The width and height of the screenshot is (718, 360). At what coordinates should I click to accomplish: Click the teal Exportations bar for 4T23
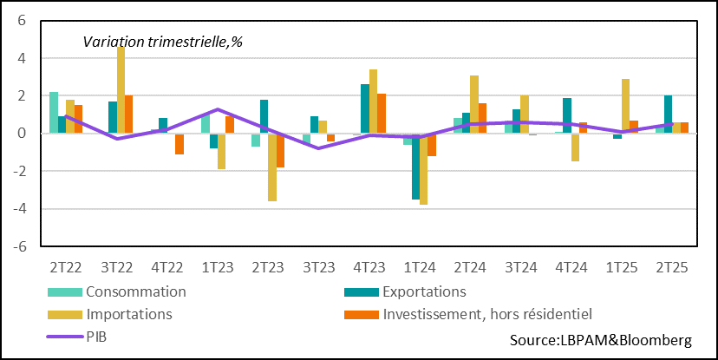click(x=365, y=108)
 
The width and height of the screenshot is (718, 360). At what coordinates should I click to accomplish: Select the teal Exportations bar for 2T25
click(x=668, y=115)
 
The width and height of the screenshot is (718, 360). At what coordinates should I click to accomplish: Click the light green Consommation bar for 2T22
click(x=54, y=112)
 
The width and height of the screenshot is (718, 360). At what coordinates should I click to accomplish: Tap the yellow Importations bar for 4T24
click(x=575, y=147)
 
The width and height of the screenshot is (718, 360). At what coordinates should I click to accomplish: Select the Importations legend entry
click(x=128, y=313)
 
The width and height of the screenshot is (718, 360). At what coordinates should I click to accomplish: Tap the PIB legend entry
click(x=99, y=335)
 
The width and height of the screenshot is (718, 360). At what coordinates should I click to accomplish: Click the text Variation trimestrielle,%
click(x=162, y=41)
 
